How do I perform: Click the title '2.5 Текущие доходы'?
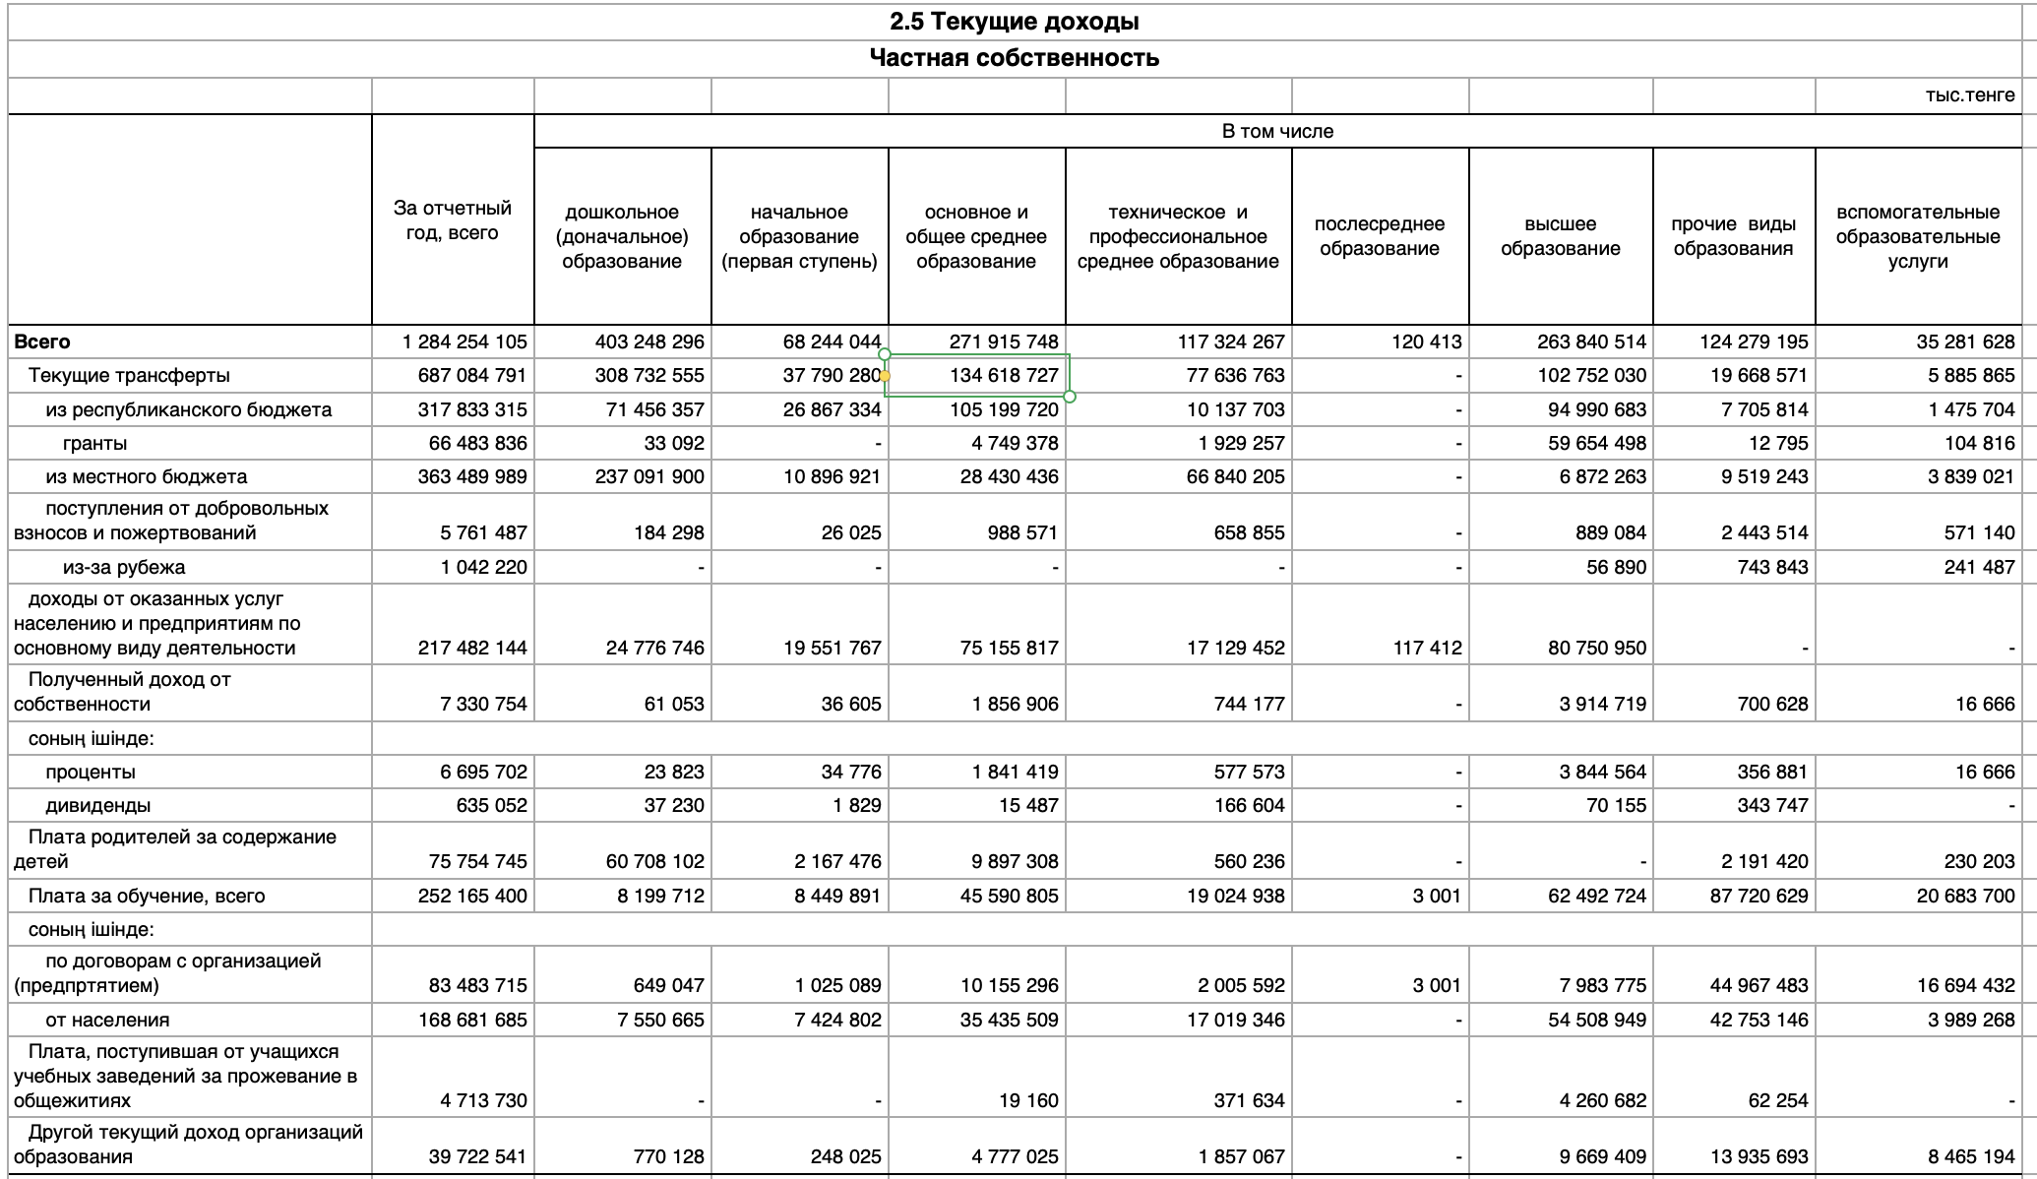(1014, 22)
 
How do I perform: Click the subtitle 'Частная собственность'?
(1014, 58)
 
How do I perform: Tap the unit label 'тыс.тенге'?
(1970, 95)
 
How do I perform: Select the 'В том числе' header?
(1277, 131)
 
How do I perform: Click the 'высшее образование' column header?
(1560, 236)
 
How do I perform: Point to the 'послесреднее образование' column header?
(1380, 236)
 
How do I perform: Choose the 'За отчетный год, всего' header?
(453, 220)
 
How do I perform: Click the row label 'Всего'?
(42, 341)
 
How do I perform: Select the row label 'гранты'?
(94, 443)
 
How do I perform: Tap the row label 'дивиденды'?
(98, 805)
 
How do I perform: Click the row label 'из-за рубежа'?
(124, 567)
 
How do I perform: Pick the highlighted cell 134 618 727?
(1003, 375)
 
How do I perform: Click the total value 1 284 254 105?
(464, 341)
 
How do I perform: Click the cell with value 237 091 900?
(649, 476)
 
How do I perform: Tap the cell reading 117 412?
(1427, 648)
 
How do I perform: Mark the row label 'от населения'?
(107, 1020)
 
